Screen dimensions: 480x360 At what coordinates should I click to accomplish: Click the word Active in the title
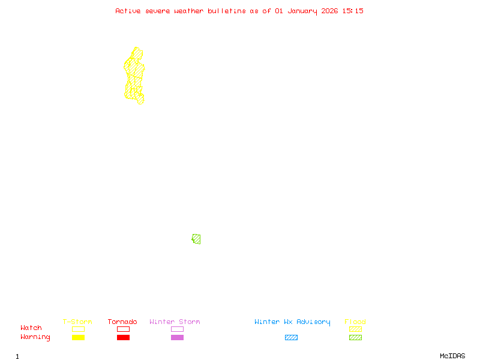pos(128,11)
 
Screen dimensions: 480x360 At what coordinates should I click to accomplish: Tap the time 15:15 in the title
pos(353,11)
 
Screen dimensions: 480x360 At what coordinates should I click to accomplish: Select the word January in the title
pos(302,11)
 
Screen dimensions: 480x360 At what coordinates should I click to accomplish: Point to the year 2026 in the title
pos(329,11)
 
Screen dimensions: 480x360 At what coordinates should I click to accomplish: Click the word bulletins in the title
pos(227,11)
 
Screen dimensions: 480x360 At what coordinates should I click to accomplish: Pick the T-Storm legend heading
pos(77,322)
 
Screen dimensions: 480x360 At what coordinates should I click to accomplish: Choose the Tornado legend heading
pos(122,322)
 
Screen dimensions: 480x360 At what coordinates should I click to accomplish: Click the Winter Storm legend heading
pos(175,322)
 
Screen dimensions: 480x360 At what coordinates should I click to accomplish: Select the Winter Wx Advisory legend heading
pos(292,322)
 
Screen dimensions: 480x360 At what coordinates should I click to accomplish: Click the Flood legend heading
pos(355,322)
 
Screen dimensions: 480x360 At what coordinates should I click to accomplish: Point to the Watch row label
pos(31,328)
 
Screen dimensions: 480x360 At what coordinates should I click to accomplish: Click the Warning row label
pos(35,337)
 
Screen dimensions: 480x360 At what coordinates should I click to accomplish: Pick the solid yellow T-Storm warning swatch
pos(78,338)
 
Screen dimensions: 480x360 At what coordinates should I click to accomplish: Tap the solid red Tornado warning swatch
pos(123,338)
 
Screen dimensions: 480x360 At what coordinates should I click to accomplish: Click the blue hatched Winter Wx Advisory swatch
pos(291,338)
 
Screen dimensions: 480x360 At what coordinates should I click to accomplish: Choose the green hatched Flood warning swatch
pos(355,338)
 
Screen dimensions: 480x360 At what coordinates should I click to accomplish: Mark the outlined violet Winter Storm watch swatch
pos(177,329)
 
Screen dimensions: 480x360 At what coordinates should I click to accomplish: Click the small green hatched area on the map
pos(196,239)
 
